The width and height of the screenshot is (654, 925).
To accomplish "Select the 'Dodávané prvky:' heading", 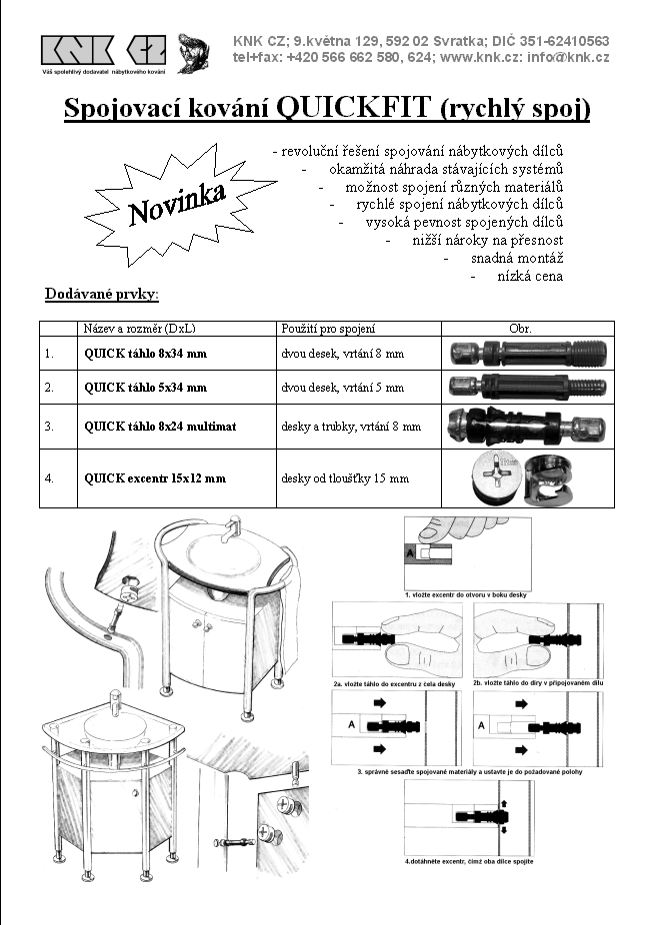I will pyautogui.click(x=102, y=295).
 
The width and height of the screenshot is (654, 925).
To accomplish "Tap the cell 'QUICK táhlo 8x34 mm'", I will pyautogui.click(x=146, y=354).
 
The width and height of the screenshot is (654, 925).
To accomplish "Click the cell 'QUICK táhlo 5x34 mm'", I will pyautogui.click(x=146, y=387).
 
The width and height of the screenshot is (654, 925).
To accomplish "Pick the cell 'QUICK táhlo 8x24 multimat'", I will pyautogui.click(x=160, y=427).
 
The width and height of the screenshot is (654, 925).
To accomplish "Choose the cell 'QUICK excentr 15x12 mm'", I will pyautogui.click(x=155, y=478).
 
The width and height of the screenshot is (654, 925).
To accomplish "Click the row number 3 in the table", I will pyautogui.click(x=49, y=427).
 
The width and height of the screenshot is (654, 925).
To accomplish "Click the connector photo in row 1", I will pyautogui.click(x=527, y=354).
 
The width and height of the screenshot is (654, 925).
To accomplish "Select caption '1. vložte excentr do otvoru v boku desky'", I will pyautogui.click(x=467, y=594).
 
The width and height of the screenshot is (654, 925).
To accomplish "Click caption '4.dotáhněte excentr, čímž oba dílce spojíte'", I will pyautogui.click(x=469, y=860).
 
